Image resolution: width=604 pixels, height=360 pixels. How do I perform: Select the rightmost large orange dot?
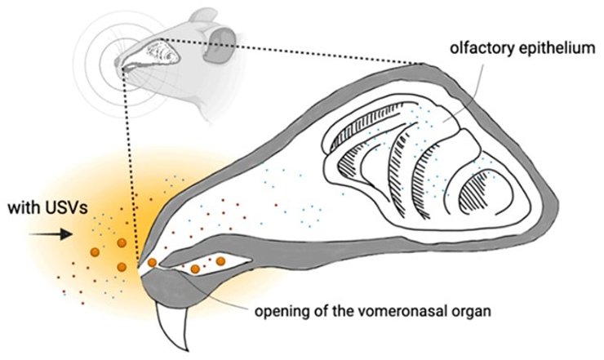(220, 261)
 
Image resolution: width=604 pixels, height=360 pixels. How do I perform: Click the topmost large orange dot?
(122, 242)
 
